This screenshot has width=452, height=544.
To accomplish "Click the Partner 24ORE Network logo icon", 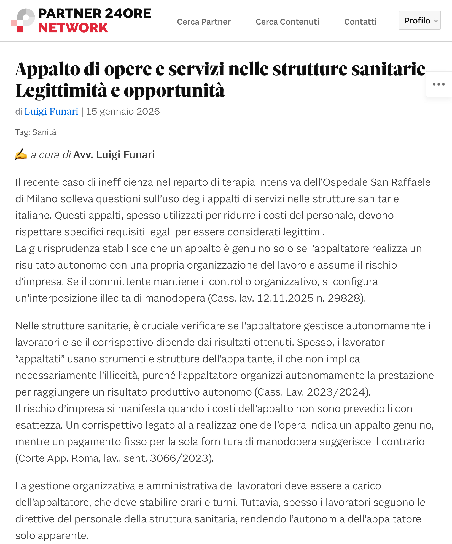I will tap(23, 20).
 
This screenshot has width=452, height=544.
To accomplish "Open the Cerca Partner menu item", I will tap(204, 22).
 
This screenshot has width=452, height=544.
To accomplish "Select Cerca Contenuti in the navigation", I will tap(287, 22).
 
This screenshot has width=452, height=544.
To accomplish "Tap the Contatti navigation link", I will tap(360, 22).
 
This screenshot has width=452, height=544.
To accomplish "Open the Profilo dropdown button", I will tap(419, 20).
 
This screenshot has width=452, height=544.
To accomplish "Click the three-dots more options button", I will tap(438, 84).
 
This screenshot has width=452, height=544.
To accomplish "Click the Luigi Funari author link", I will tap(51, 112).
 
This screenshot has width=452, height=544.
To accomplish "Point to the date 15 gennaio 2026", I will tap(123, 112).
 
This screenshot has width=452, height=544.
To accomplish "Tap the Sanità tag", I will tap(44, 132).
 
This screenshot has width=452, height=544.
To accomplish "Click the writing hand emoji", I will tap(21, 155).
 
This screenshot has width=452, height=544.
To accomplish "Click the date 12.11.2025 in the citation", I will tap(285, 298).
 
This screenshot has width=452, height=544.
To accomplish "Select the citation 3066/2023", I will tap(179, 458).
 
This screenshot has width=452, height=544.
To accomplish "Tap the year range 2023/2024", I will tap(336, 392).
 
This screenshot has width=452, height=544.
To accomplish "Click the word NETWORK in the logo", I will tap(73, 28).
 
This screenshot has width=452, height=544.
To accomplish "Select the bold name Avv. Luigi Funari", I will tap(114, 155).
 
